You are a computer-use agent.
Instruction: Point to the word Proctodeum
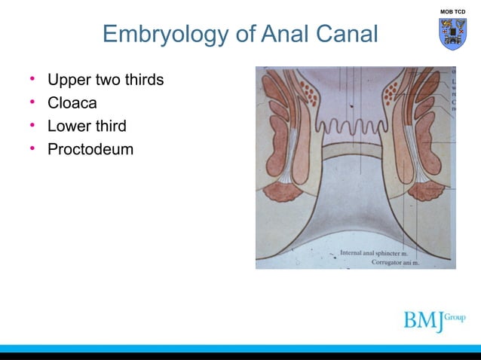pyautogui.click(x=90, y=149)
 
